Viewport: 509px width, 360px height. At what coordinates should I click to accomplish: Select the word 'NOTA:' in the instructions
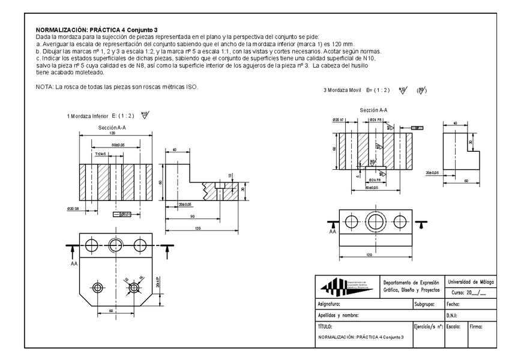(x=45, y=87)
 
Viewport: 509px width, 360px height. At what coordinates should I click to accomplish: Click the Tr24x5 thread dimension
(x=103, y=154)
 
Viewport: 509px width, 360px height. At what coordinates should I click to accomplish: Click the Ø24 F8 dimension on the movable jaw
(x=376, y=119)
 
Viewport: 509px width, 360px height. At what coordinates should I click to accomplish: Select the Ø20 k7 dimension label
(x=340, y=119)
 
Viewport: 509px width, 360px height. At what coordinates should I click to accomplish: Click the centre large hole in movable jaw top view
(x=376, y=222)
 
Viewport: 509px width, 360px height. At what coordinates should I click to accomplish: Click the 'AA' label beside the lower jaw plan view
(x=73, y=262)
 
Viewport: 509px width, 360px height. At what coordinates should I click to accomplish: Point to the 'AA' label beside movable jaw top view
(x=332, y=232)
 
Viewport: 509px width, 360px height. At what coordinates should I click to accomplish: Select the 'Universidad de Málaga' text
(x=470, y=281)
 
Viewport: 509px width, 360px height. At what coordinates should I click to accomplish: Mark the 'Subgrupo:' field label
(x=427, y=304)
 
